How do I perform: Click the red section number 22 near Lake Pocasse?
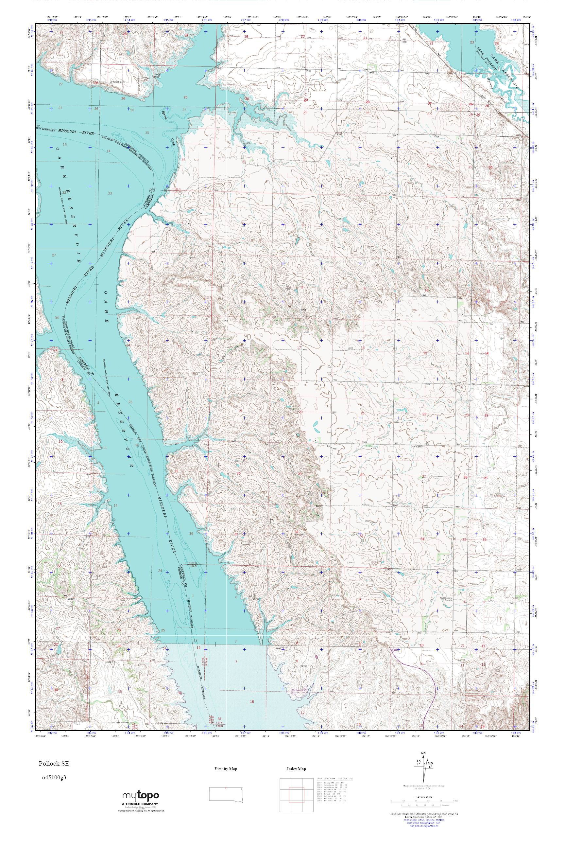point(431,43)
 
